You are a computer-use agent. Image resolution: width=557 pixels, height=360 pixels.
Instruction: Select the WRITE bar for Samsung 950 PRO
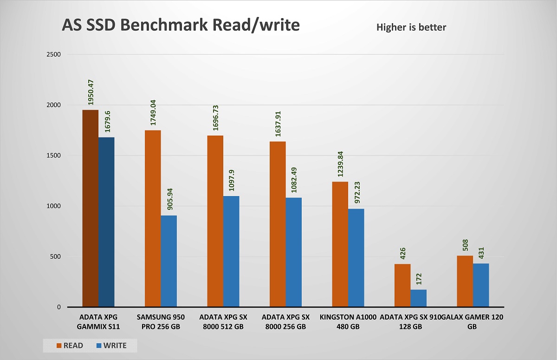(169, 261)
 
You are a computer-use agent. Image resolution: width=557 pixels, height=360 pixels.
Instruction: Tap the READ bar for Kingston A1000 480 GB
(340, 244)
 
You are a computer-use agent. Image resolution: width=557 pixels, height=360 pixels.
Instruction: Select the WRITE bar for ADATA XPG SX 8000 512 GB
(231, 251)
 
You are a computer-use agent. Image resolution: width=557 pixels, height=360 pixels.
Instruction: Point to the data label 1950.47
(91, 92)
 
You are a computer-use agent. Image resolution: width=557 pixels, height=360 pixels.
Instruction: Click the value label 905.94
(169, 197)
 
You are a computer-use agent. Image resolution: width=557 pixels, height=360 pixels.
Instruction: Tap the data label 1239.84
(340, 163)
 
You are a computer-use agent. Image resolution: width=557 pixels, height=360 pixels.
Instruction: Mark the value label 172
(418, 279)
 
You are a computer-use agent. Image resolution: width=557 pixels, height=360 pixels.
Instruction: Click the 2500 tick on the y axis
(54, 54)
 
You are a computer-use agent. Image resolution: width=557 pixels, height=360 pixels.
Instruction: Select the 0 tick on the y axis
(59, 307)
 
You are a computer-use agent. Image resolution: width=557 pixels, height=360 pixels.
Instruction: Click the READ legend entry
(70, 346)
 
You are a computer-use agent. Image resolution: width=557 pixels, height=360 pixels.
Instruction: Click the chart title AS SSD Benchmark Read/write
(181, 25)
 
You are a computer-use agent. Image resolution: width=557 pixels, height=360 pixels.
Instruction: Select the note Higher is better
(411, 27)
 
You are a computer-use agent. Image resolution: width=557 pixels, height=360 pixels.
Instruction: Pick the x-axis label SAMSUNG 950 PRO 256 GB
(161, 322)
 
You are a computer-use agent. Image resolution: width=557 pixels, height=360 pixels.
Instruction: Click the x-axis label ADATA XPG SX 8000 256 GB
(285, 322)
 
